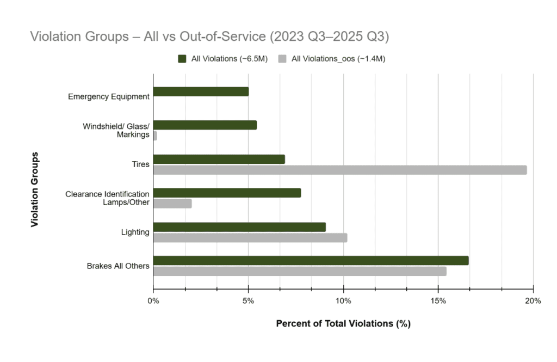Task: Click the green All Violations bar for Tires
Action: pos(219,159)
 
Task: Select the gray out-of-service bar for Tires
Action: pos(340,170)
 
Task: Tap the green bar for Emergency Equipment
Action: pos(201,91)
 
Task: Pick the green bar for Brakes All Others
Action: pos(311,261)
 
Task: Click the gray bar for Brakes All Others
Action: pos(300,271)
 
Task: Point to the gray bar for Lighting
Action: pos(250,237)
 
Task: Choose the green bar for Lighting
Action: pos(239,227)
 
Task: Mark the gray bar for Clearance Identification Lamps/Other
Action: pos(172,204)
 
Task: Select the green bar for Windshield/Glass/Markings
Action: pos(205,125)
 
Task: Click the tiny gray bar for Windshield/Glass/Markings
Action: pos(155,136)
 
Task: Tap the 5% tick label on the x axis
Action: pos(248,301)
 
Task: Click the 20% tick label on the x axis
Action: pos(533,301)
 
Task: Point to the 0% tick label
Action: pos(153,301)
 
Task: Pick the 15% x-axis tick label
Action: pos(438,301)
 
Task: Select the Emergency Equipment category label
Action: pos(109,97)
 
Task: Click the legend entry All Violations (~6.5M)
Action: pos(224,59)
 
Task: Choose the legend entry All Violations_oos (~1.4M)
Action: pos(332,59)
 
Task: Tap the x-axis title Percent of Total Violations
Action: pos(343,323)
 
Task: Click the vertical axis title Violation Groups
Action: pos(35,189)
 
